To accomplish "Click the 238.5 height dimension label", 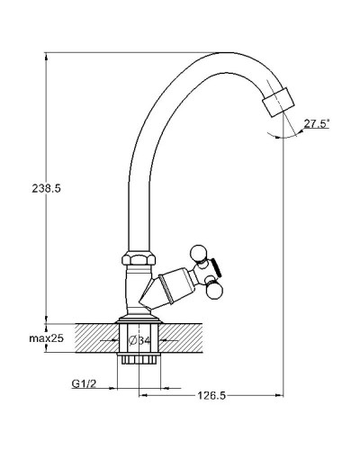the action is [x=46, y=188].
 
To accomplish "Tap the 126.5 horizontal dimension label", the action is [x=211, y=396].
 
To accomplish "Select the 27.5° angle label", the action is [x=317, y=123].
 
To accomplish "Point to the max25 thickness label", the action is [x=47, y=338].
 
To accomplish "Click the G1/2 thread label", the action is [x=84, y=383].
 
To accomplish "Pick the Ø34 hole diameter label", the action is [x=139, y=340].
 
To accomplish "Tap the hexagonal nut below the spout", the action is [x=139, y=257].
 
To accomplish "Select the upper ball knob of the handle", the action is [x=199, y=254].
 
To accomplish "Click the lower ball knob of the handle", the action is [x=215, y=292].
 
